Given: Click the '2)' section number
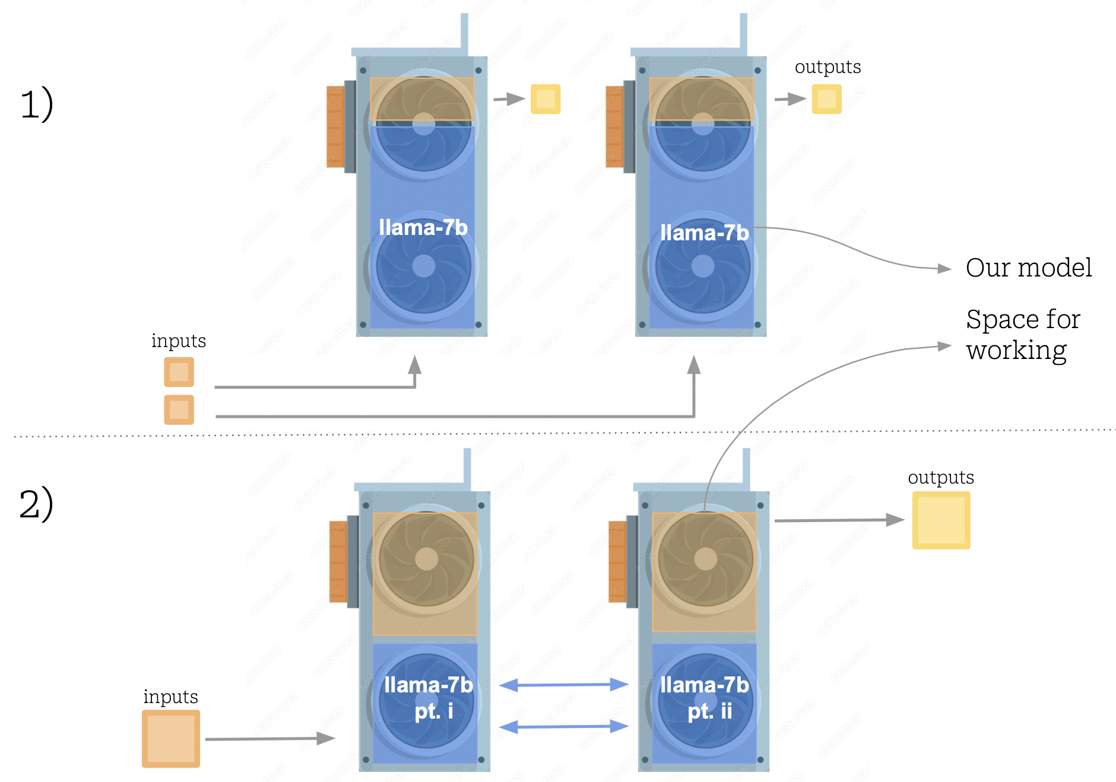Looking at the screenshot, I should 36,504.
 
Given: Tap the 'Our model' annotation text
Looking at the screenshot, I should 1028,268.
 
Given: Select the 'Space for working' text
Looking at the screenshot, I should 1022,335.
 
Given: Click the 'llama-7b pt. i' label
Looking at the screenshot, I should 428,698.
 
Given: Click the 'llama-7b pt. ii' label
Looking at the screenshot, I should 705,698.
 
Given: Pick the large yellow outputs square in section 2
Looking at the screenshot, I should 941,520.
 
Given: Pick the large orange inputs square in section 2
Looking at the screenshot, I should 171,739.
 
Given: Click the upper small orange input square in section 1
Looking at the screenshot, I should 179,372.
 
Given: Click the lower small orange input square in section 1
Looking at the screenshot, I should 179,409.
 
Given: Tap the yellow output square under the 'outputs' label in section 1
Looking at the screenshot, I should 826,99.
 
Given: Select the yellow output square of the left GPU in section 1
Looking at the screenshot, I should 545,99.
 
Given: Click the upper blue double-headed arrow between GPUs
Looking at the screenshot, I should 564,685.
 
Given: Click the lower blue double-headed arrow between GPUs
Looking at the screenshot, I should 564,726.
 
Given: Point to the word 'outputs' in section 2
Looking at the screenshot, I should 940,478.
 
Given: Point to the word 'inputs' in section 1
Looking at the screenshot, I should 178,341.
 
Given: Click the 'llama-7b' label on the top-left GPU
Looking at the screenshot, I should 423,228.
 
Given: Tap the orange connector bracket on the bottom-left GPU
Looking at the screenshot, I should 338,561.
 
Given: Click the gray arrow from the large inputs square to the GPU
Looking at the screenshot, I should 270,739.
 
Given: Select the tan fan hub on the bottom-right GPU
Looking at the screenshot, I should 705,559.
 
